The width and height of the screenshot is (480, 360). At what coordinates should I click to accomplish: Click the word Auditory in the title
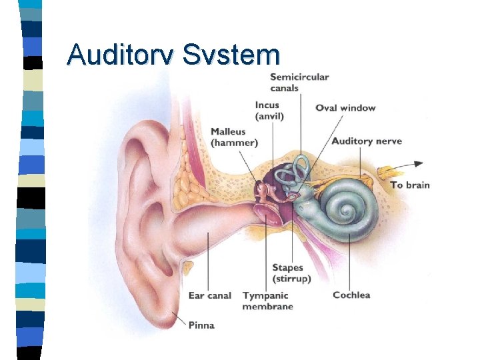coord(121,54)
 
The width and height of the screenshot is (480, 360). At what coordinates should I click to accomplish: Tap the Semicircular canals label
coord(299,82)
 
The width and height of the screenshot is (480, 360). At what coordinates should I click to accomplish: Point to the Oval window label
coord(345,108)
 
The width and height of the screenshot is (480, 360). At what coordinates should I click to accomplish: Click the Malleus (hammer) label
coord(234,137)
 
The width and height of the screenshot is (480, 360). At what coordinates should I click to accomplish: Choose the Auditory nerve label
coord(367,141)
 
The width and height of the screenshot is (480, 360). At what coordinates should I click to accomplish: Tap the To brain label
coord(410,185)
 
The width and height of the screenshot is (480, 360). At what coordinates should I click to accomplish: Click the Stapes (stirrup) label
coord(291,273)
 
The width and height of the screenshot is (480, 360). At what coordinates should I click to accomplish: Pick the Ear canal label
coord(210,295)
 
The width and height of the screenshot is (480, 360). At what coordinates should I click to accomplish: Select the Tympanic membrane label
coord(267,301)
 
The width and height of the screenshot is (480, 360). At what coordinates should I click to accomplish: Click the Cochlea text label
coord(351,295)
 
